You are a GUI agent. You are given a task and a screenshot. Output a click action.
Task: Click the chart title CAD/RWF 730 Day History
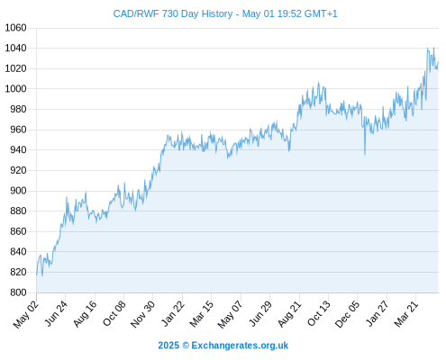[173, 13]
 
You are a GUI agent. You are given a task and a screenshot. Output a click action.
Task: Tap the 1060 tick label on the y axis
[15, 28]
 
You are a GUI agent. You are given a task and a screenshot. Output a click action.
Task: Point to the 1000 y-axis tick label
[15, 89]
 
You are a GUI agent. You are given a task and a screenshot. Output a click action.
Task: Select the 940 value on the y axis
[18, 149]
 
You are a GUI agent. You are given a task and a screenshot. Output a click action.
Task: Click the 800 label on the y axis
[18, 292]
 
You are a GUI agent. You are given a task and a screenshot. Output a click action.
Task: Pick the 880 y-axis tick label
[18, 211]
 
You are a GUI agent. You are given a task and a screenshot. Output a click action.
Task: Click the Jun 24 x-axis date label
[56, 313]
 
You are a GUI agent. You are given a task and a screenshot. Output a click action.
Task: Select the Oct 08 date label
[114, 313]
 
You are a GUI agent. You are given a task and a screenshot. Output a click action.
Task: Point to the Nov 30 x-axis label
[142, 314]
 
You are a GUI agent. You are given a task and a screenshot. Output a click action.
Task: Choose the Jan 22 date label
[172, 313]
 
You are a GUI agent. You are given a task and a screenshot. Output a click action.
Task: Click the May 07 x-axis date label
[230, 314]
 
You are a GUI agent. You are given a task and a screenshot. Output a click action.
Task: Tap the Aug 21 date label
[289, 313]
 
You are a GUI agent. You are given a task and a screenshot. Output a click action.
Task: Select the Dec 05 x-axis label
[347, 314]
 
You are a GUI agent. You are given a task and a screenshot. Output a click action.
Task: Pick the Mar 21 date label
[405, 313]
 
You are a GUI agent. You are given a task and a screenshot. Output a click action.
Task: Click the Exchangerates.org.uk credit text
[240, 346]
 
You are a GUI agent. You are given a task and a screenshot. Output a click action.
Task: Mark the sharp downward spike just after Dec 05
[365, 154]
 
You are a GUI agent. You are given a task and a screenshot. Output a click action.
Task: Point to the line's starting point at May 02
[37, 274]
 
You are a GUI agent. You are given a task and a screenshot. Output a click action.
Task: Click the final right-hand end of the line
[438, 62]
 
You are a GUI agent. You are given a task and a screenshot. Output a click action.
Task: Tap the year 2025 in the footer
[168, 346]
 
